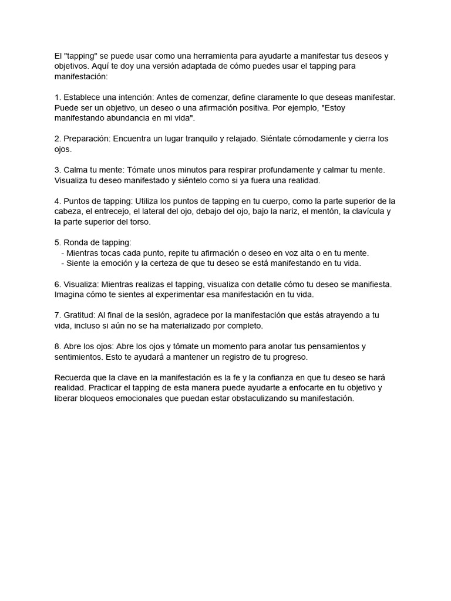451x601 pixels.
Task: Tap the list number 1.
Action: (x=56, y=97)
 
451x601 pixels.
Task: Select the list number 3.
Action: (x=56, y=170)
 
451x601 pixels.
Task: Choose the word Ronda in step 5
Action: (x=76, y=242)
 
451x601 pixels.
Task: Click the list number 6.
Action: (x=56, y=284)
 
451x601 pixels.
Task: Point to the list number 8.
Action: (x=56, y=346)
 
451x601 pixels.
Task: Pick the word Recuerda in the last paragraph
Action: (x=73, y=377)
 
